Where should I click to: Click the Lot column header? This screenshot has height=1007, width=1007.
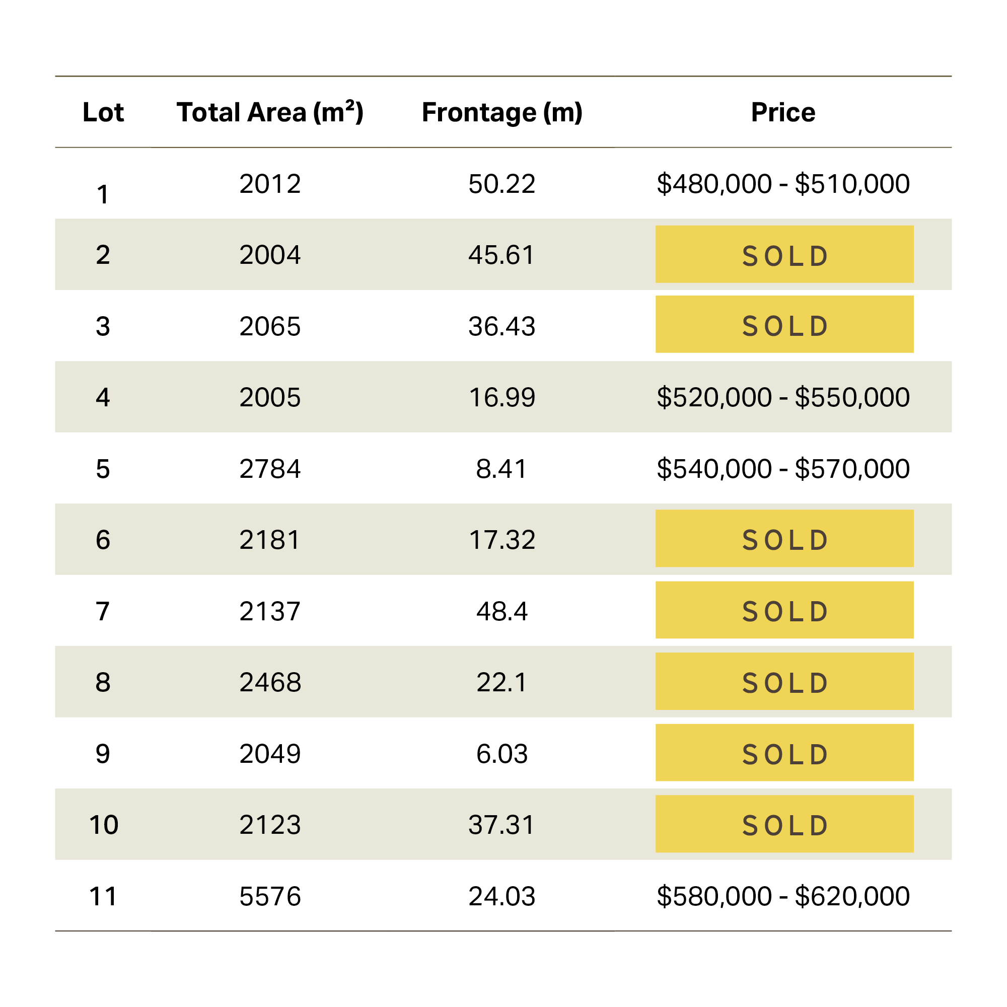(x=103, y=113)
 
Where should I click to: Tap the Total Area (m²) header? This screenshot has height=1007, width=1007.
(x=270, y=113)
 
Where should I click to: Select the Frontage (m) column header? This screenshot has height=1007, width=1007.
(x=502, y=113)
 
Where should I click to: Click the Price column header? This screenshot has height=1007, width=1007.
(x=783, y=113)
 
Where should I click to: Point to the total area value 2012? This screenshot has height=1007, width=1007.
(x=270, y=184)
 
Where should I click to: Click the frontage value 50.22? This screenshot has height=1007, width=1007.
(x=502, y=184)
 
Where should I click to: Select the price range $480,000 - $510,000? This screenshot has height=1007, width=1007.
(x=783, y=184)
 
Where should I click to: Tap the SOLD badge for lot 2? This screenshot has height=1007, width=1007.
(x=784, y=254)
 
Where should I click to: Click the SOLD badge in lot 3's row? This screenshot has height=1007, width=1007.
(x=784, y=324)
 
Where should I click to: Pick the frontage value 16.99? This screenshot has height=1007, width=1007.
(x=502, y=398)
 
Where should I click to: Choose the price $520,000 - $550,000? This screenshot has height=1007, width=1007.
(x=783, y=398)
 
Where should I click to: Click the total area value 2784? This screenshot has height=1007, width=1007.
(x=270, y=469)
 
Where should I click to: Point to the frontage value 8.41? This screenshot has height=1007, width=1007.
(x=502, y=469)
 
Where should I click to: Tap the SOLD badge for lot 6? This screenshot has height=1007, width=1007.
(x=784, y=538)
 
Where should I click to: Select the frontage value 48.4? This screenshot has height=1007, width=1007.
(x=502, y=611)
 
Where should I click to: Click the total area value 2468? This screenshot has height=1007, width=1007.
(x=270, y=683)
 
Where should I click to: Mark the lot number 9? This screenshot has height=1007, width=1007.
(x=103, y=754)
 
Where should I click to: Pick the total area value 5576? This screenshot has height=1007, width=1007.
(x=270, y=897)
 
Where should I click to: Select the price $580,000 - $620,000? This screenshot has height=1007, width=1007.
(x=783, y=897)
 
